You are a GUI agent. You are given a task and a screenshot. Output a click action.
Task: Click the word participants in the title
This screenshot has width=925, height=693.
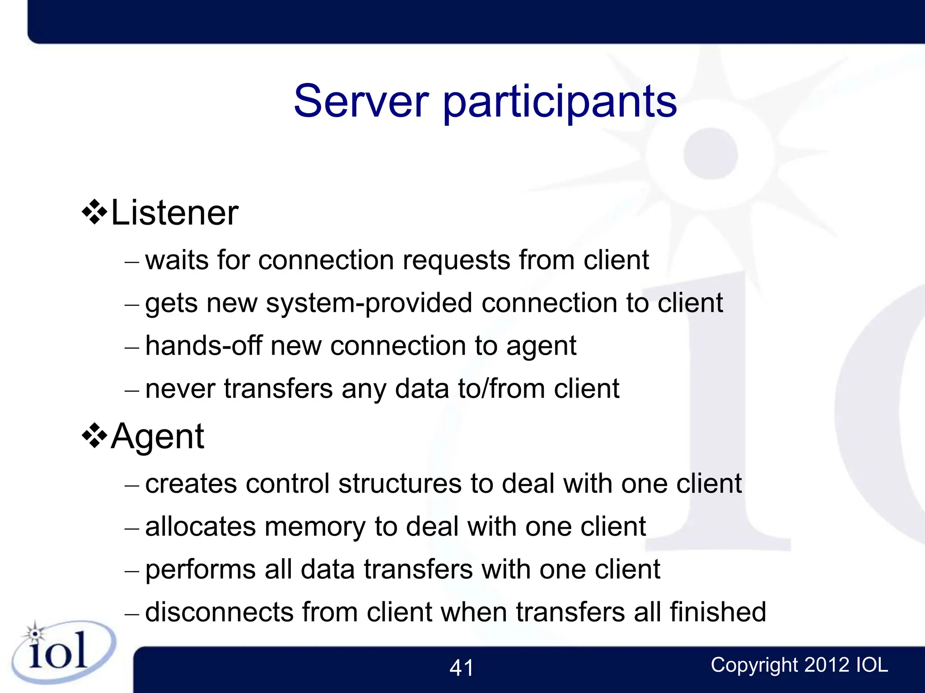pyautogui.click(x=560, y=103)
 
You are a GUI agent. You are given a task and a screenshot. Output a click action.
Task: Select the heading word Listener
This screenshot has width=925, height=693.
pyautogui.click(x=174, y=213)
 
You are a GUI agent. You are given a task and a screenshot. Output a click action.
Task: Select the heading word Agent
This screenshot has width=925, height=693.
pyautogui.click(x=158, y=437)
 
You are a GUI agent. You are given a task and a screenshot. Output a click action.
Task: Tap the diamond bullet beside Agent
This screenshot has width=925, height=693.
pyautogui.click(x=94, y=435)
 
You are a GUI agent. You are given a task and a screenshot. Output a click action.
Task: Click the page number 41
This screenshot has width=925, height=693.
pyautogui.click(x=461, y=668)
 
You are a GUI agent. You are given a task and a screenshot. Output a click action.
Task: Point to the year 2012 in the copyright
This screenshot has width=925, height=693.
pyautogui.click(x=827, y=665)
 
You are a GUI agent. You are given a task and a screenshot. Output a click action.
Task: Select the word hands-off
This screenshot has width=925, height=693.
pyautogui.click(x=204, y=346)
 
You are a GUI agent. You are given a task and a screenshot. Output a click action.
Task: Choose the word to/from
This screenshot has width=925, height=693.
pyautogui.click(x=501, y=389)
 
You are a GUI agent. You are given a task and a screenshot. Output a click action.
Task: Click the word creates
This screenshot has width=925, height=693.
pyautogui.click(x=191, y=484)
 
